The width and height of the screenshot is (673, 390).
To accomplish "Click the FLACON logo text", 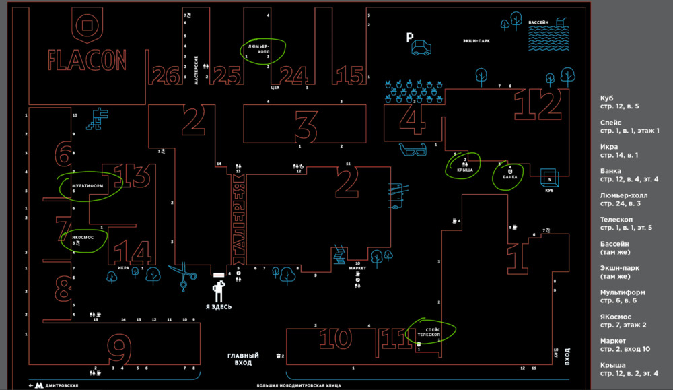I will pos(87,61).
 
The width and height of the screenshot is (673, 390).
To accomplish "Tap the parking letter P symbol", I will pos(409,38).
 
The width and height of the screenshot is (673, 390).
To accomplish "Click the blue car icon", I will pos(422,47).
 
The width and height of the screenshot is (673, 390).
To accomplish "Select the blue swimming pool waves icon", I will pos(548,40).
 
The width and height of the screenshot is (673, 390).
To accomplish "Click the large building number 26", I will pos(165,75).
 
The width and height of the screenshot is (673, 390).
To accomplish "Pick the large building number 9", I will pos(120,350).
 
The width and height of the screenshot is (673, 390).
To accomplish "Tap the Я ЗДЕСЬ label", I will pos(219,307).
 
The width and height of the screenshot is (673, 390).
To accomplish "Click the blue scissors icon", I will pos(184,275).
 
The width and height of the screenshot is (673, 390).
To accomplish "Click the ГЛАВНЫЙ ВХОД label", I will pos(243,359).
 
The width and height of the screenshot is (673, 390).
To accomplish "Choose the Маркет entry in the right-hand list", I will pos(614,341).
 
